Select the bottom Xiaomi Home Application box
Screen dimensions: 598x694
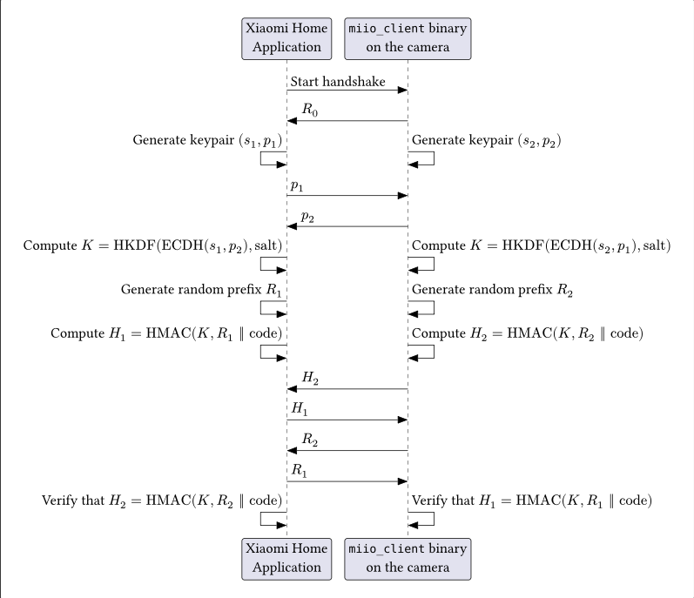click(286, 558)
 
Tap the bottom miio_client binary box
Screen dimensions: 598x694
click(408, 558)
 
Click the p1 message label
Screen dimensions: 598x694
click(297, 185)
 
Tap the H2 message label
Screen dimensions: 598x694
click(311, 378)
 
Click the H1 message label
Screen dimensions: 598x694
click(298, 408)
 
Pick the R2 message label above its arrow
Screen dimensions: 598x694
click(311, 440)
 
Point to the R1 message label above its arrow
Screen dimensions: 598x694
click(298, 470)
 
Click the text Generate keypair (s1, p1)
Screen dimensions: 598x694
click(208, 139)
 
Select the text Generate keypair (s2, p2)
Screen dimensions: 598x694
click(486, 139)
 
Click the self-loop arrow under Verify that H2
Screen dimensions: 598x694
click(273, 518)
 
